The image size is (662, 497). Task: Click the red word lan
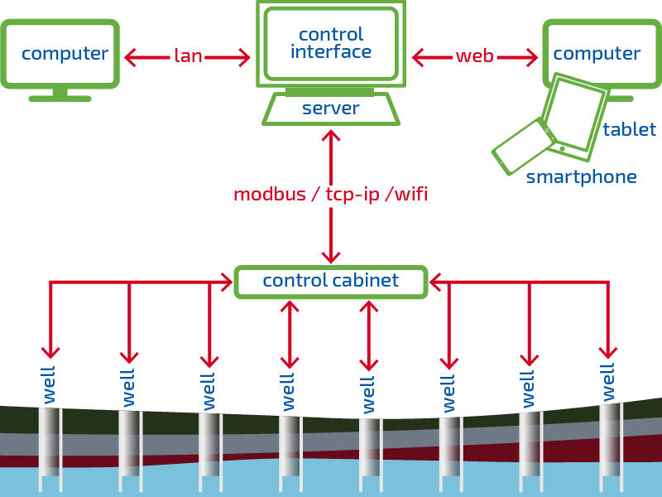[189, 55]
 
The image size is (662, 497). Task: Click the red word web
[474, 55]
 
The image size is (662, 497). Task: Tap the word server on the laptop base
[330, 109]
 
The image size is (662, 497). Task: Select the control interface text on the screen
[331, 43]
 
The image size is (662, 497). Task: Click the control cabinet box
[331, 282]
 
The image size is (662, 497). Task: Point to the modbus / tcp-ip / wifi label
[331, 195]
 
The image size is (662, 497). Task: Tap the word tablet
[630, 129]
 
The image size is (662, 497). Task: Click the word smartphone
[582, 177]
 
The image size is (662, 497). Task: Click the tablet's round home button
[563, 149]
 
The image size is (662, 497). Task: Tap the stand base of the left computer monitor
[60, 99]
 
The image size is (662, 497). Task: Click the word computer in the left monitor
[65, 54]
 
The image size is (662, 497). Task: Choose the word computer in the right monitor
[597, 54]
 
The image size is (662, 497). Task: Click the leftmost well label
[49, 385]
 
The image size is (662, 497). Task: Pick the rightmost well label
[608, 383]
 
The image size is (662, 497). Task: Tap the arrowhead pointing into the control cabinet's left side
[227, 282]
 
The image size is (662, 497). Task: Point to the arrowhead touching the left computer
[131, 57]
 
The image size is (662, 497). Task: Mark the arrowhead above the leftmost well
[50, 353]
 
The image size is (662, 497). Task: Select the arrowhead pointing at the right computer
[532, 57]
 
